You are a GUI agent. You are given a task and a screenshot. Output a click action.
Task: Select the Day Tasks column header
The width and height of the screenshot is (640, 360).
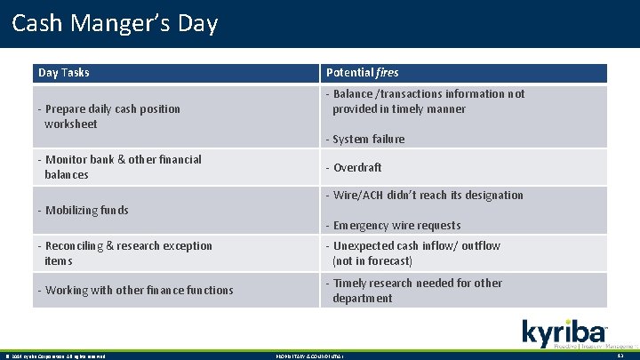63,72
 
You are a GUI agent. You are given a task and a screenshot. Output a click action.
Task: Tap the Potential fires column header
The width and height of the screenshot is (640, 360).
362,72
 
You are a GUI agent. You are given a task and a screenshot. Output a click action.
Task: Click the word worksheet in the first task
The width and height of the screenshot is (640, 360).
70,124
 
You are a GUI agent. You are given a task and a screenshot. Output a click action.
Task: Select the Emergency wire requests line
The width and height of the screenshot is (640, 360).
396,225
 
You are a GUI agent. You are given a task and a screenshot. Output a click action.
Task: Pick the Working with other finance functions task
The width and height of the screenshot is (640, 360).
135,290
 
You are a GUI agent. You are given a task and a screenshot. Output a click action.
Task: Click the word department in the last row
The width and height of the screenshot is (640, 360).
362,298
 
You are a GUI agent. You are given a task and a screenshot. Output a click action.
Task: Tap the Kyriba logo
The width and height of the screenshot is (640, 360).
565,332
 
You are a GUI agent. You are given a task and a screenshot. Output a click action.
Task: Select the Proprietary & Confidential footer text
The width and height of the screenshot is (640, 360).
306,356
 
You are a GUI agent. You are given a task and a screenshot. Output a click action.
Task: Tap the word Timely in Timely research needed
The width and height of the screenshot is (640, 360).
351,283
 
